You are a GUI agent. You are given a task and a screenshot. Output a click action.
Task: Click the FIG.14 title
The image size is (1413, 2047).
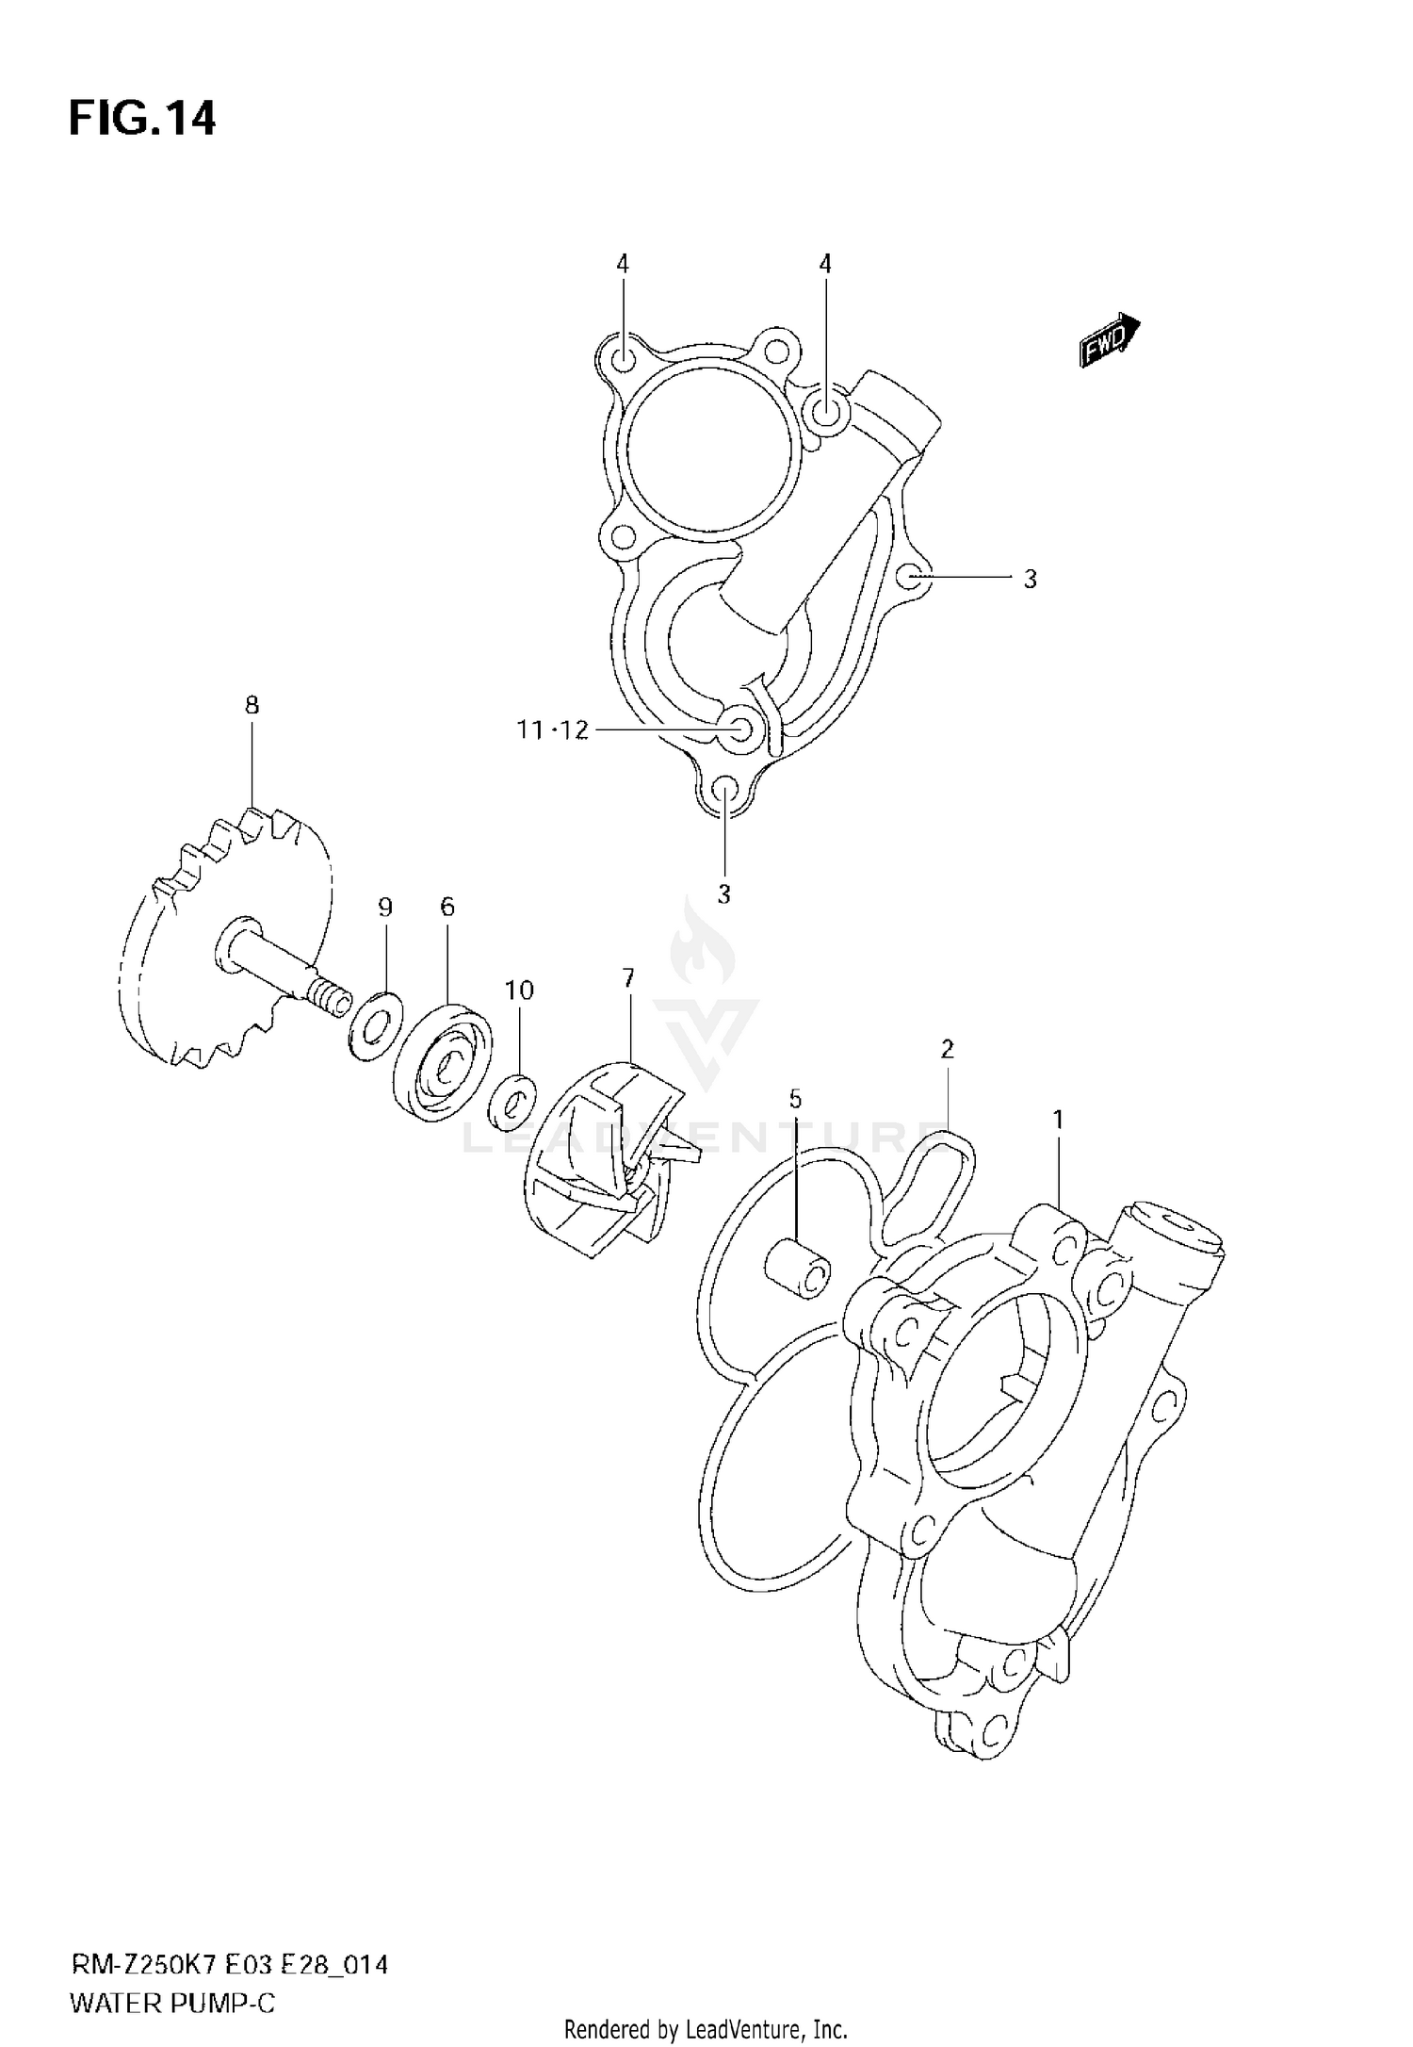pyautogui.click(x=142, y=120)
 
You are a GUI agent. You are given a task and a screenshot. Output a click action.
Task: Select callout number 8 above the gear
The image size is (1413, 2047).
pyautogui.click(x=252, y=705)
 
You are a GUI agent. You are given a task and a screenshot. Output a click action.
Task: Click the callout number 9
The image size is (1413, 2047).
pyautogui.click(x=384, y=908)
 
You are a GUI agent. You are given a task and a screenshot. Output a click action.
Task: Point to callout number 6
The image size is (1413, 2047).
pyautogui.click(x=447, y=907)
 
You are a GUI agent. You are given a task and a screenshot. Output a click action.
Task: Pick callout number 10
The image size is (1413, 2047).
pyautogui.click(x=519, y=991)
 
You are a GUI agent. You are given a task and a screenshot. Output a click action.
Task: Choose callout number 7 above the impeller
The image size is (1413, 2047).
pyautogui.click(x=628, y=977)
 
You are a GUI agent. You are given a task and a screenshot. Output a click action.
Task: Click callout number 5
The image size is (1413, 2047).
pyautogui.click(x=795, y=1099)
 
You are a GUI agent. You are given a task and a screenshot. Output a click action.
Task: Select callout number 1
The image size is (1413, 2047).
pyautogui.click(x=1058, y=1120)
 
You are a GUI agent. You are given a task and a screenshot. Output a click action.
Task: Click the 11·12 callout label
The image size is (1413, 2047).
pyautogui.click(x=552, y=730)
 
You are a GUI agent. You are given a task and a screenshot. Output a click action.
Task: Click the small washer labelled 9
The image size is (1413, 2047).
pyautogui.click(x=375, y=1024)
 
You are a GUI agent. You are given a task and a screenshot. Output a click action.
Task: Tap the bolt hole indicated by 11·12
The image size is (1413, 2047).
pyautogui.click(x=740, y=729)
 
